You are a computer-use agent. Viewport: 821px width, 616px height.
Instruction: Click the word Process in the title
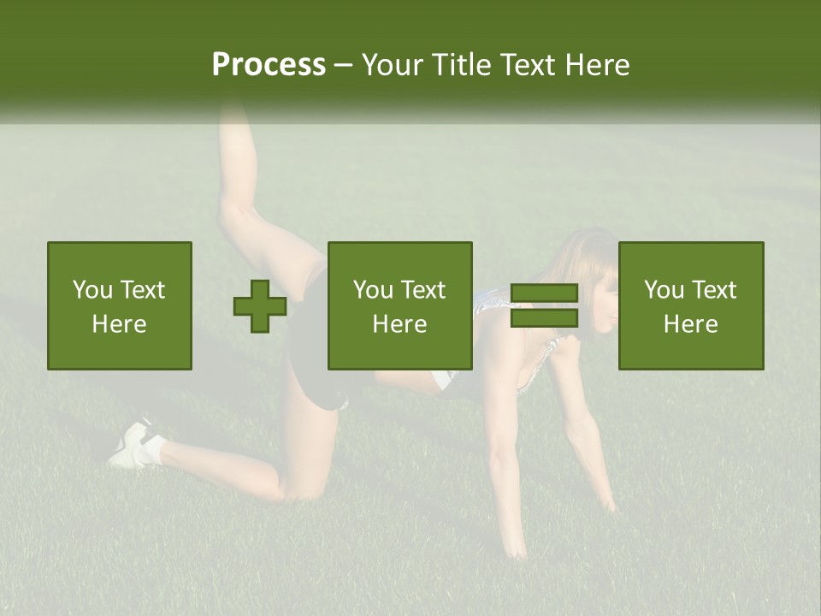[x=269, y=65]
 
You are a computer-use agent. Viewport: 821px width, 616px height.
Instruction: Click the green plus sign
[x=260, y=306]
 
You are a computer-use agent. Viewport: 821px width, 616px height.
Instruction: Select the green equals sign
[x=544, y=306]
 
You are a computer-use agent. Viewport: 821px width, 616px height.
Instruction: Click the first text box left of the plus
[x=120, y=305]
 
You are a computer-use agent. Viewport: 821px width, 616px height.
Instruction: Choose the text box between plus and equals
[x=400, y=305]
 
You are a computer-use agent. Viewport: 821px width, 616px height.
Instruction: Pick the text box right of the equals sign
[x=691, y=305]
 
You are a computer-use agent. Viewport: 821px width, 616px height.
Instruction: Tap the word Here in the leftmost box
[x=120, y=324]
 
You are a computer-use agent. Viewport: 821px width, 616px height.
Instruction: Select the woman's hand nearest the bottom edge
[x=513, y=548]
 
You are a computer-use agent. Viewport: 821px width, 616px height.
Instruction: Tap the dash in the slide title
[x=344, y=65]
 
